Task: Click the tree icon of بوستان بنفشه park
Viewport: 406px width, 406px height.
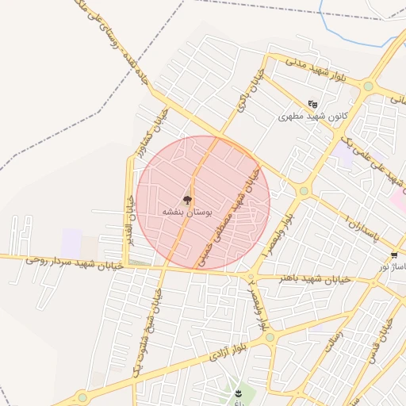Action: click(x=187, y=201)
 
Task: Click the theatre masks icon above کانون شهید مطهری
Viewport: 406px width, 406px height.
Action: click(x=313, y=104)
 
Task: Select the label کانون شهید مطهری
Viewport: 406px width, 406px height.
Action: click(x=313, y=117)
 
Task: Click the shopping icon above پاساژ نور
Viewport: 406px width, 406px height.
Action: click(x=394, y=255)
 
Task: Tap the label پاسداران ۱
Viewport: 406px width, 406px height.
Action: click(x=364, y=226)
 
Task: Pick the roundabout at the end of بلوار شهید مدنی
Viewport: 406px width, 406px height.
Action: click(x=368, y=86)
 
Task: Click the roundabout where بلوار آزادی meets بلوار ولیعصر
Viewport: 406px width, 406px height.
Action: click(x=270, y=337)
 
